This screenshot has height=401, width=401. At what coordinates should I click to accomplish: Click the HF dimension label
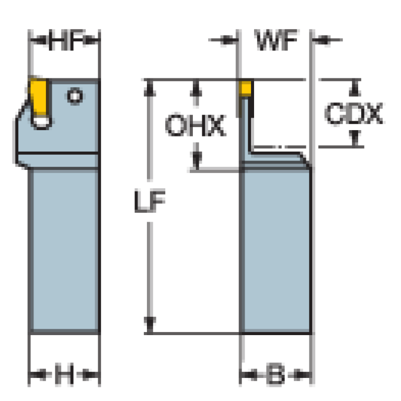[66, 40]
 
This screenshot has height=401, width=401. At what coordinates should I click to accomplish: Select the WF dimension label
[276, 40]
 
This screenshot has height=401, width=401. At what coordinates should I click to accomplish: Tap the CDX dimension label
[354, 113]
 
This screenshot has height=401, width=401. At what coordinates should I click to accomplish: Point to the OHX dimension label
[196, 125]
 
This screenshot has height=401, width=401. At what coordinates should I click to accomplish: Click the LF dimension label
[150, 201]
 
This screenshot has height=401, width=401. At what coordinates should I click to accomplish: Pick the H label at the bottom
[64, 374]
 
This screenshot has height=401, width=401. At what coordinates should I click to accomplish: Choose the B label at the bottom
[275, 374]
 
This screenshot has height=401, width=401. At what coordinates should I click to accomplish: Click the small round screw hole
[75, 96]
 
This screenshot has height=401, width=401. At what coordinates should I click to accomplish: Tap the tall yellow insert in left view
[39, 97]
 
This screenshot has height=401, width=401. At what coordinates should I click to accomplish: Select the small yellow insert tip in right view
[245, 88]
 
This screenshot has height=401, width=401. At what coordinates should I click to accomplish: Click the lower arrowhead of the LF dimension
[150, 325]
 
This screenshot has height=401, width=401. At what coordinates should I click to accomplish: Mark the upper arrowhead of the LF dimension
[150, 88]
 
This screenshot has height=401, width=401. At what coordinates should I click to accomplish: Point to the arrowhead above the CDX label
[355, 88]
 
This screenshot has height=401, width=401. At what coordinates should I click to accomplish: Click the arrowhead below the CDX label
[355, 138]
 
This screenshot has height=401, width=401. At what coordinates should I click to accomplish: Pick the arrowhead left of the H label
[38, 375]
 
